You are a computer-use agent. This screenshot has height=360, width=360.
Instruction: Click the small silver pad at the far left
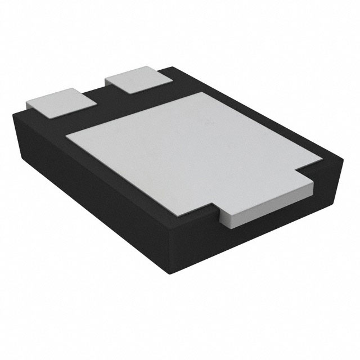60,103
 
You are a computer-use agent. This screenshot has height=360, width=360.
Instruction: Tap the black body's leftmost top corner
14,112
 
